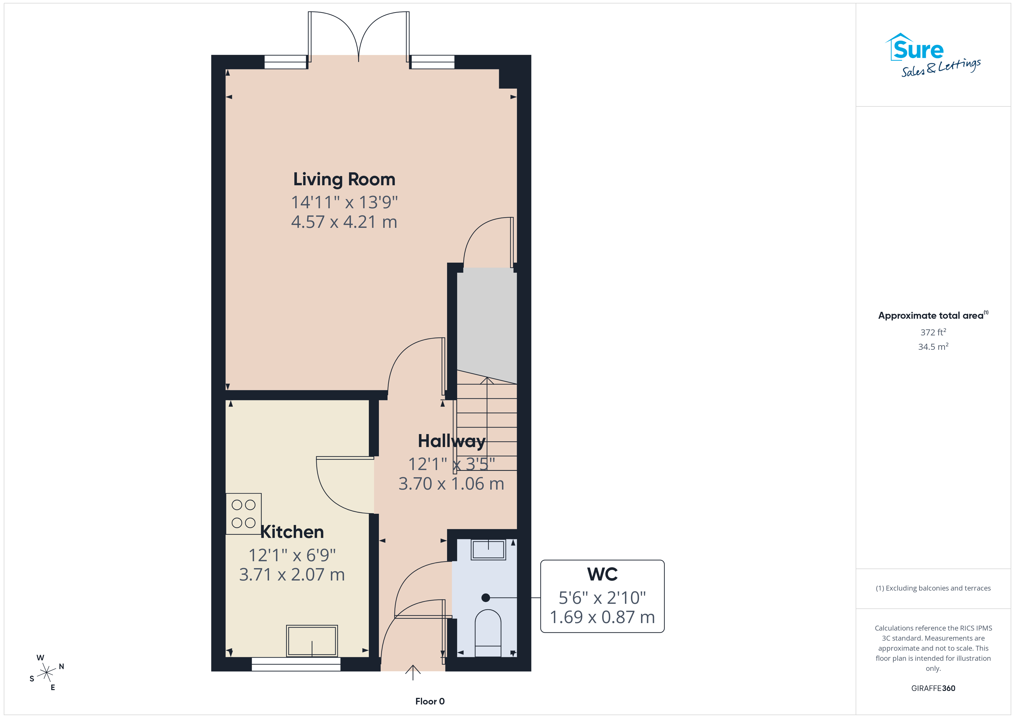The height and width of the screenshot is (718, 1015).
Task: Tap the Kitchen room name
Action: (292, 532)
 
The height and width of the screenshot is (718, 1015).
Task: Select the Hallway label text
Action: (451, 442)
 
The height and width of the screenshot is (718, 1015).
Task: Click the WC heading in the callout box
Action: (602, 574)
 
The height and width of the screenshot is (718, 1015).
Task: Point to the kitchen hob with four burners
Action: (244, 514)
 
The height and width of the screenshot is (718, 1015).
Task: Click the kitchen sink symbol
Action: (312, 641)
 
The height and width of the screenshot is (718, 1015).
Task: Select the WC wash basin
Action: (488, 549)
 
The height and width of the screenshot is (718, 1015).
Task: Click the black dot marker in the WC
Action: (486, 598)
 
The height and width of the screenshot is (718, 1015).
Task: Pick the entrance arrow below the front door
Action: (413, 673)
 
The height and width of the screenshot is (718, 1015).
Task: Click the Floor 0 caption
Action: (430, 701)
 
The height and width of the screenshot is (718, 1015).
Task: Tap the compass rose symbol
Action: (46, 673)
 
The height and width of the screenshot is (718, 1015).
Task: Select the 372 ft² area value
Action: (933, 332)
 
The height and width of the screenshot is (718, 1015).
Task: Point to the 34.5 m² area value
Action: (933, 347)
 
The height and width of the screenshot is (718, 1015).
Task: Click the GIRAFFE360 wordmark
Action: (933, 688)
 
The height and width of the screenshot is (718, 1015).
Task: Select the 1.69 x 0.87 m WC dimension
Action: (602, 617)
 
